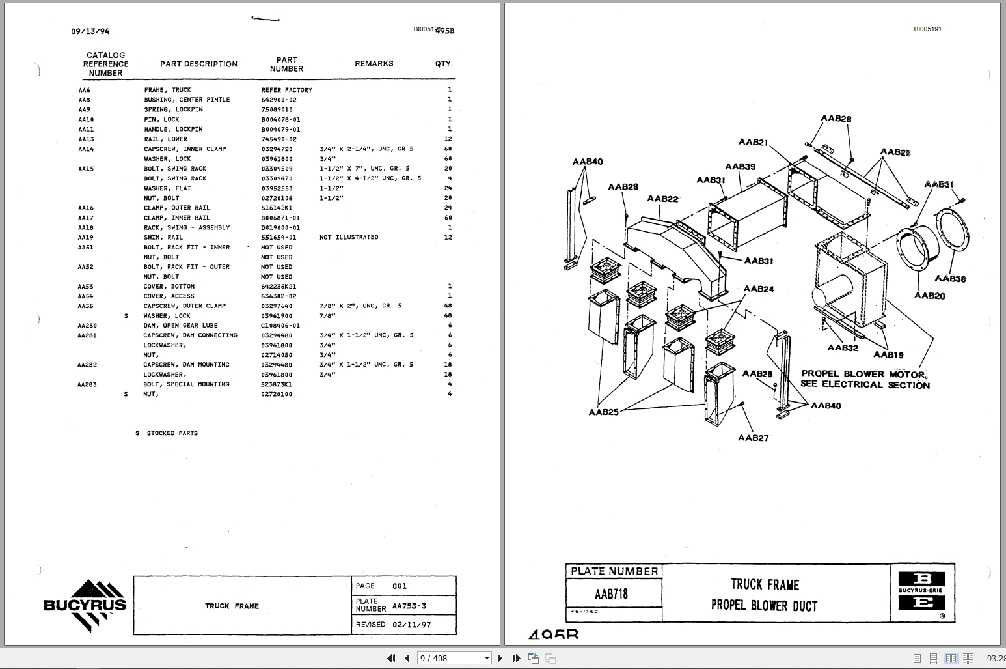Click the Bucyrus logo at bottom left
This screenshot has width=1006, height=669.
(x=85, y=605)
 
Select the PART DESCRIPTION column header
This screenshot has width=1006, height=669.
(x=198, y=64)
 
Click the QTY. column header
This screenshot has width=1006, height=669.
(x=444, y=64)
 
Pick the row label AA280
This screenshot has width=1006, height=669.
(x=87, y=326)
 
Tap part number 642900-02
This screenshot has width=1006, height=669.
(x=279, y=100)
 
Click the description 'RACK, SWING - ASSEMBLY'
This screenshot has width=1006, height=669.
(x=187, y=227)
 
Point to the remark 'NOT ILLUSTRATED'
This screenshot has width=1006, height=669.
(x=349, y=237)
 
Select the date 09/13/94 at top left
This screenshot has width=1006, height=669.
(x=90, y=31)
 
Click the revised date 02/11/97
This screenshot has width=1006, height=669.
(x=411, y=624)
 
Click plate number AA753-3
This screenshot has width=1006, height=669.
(x=409, y=606)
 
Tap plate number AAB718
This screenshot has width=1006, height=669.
(x=612, y=594)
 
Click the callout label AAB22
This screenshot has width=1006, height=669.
(x=662, y=199)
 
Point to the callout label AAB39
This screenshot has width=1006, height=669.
(x=741, y=167)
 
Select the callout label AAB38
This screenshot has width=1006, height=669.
(x=950, y=279)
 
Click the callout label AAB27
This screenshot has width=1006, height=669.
(x=753, y=438)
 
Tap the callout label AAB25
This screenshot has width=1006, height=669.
(x=603, y=412)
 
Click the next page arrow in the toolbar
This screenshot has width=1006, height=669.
(x=500, y=658)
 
